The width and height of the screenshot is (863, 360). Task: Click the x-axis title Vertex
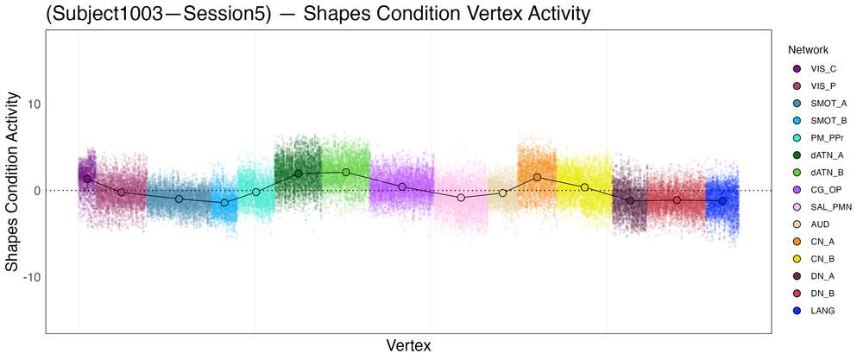click(409, 345)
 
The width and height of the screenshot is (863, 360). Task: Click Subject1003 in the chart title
click(95, 15)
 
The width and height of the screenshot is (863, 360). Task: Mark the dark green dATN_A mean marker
click(299, 174)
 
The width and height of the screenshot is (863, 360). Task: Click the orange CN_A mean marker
click(537, 177)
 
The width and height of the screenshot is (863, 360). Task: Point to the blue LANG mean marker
click(722, 200)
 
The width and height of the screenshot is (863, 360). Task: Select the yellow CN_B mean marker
click(584, 187)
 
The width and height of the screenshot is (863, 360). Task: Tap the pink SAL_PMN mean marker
click(462, 198)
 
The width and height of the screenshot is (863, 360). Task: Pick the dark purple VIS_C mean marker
click(87, 179)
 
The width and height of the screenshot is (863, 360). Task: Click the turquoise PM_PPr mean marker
click(256, 192)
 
